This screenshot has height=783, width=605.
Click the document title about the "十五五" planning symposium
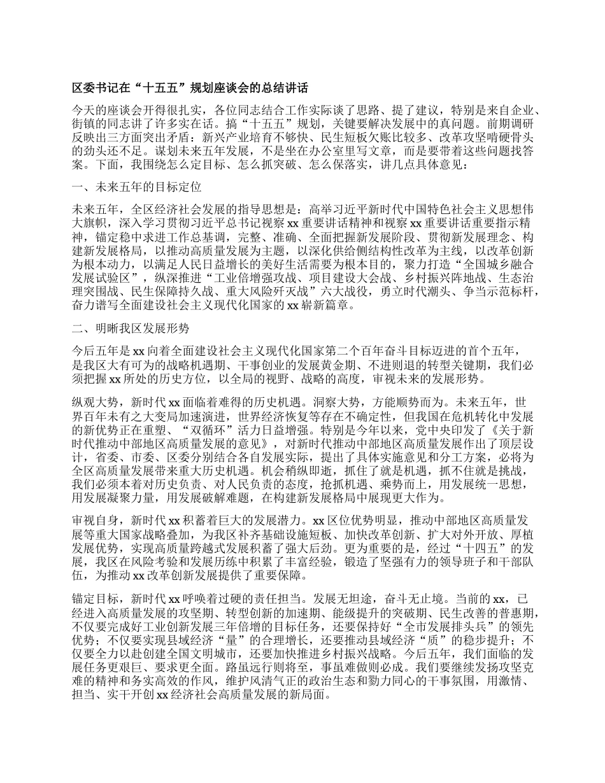[x=190, y=88]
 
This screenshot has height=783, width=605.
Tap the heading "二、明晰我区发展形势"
[x=132, y=328]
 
